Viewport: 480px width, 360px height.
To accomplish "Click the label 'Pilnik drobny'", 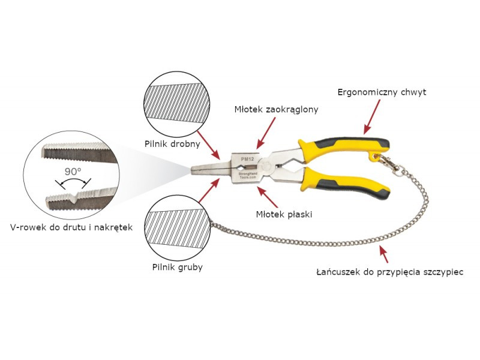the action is pos(172,144).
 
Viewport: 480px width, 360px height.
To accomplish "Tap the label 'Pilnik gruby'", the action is pos(177,267).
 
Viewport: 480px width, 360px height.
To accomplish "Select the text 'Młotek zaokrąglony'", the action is pos(276,110).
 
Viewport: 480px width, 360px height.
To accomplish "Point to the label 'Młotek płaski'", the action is pos(284,214).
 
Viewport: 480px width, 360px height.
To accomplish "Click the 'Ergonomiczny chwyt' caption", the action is pos(382,92).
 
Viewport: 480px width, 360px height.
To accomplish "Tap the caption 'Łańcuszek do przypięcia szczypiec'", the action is pos(390,272).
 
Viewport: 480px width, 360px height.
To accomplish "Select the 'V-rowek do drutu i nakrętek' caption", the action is pos(71,227).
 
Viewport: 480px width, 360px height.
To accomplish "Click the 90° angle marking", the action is pos(73,172).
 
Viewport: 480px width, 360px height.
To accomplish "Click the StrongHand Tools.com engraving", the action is pos(248,175).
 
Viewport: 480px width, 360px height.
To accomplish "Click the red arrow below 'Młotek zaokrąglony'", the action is pos(266,132).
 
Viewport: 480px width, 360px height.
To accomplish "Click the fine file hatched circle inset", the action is pos(176,104).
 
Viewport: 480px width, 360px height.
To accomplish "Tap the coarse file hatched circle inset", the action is pos(177,228).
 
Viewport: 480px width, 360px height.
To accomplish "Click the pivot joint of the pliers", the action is pos(266,166).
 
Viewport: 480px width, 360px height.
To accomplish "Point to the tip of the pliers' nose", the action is pos(191,170).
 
